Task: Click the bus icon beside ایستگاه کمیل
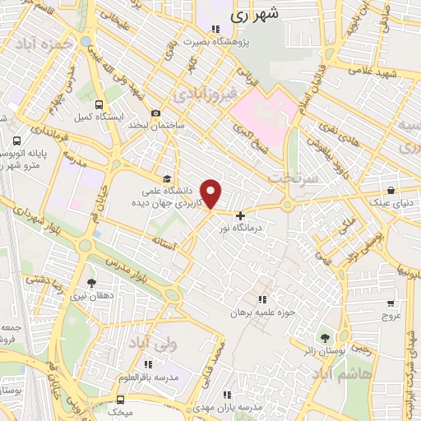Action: [x=99, y=105]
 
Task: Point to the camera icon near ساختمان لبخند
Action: [x=155, y=113]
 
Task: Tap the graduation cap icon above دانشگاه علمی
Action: [x=168, y=178]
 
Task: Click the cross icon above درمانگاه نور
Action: [x=240, y=215]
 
